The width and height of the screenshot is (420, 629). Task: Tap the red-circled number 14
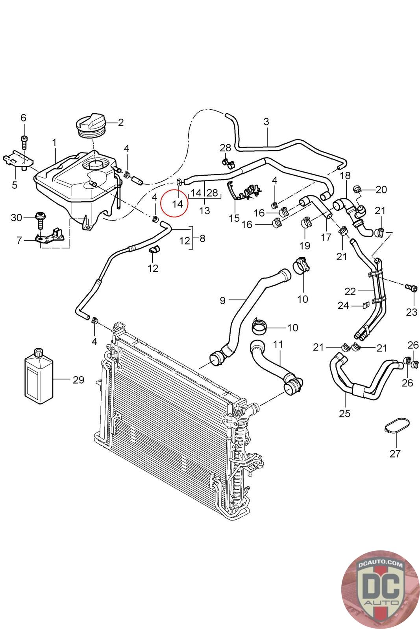tap(178, 204)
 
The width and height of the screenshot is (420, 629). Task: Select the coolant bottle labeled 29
tap(39, 376)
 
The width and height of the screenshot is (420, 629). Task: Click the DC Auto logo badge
tap(380, 589)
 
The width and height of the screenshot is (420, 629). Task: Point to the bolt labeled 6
tap(24, 142)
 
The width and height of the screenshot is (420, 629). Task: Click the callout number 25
tap(344, 413)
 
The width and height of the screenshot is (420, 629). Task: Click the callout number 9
tap(223, 301)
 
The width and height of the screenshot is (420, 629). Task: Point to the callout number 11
tap(278, 344)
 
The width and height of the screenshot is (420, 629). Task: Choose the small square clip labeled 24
tap(365, 305)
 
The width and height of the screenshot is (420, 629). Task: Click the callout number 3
tap(266, 121)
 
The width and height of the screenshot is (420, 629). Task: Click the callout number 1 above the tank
tap(54, 142)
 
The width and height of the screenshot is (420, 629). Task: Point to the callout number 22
tap(350, 291)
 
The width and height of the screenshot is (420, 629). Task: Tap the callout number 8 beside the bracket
tap(202, 238)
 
